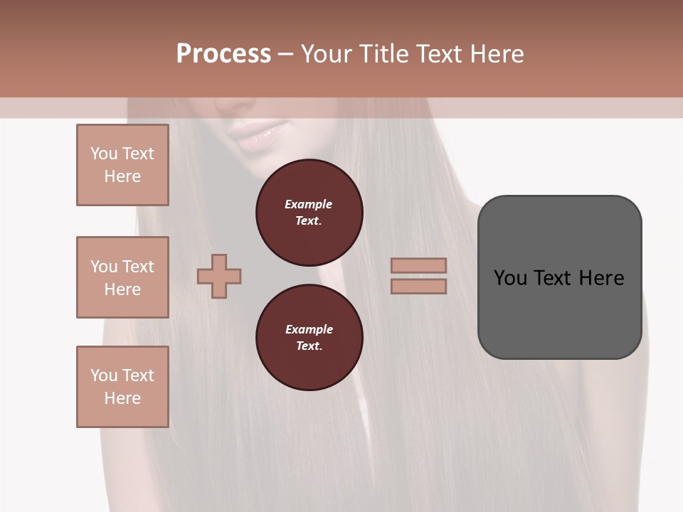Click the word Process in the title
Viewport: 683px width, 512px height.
point(223,54)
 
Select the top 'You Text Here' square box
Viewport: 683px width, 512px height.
point(122,165)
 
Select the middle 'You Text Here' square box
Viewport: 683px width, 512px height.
point(122,277)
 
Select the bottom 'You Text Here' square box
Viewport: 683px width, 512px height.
point(122,387)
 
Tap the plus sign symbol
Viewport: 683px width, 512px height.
point(219,276)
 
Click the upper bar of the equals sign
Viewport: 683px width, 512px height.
point(418,265)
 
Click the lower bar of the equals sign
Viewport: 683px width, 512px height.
point(418,286)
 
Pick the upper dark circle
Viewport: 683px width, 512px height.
point(309,212)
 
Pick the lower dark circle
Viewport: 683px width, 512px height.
point(309,337)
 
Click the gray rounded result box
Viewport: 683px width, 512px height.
point(559,277)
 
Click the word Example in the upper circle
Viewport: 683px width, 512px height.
point(309,204)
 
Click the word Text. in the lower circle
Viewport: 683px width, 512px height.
point(309,346)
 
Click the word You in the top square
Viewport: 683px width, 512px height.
point(104,154)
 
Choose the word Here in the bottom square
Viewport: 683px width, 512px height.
point(122,398)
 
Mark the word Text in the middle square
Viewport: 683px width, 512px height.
point(137,267)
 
